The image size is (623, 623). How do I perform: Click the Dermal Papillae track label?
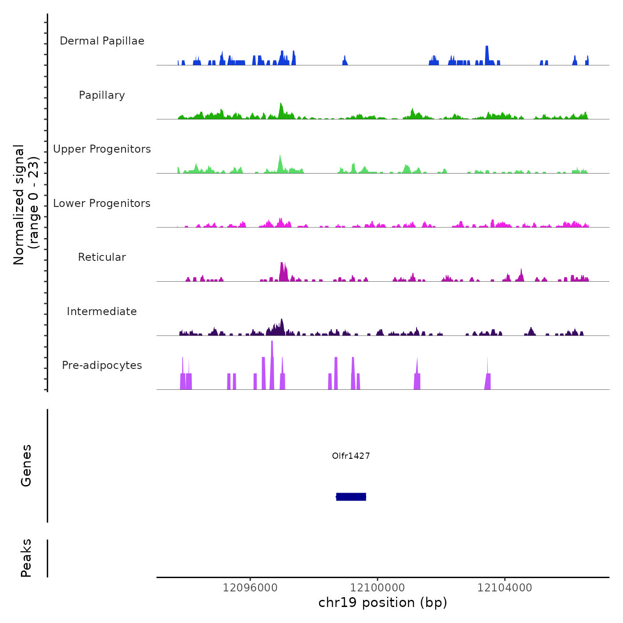102,41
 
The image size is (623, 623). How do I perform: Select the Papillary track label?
102,95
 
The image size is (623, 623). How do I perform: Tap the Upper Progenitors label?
102,149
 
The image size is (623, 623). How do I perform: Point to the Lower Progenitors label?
102,203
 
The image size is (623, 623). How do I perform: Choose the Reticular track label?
102,257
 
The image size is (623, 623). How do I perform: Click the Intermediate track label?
102,311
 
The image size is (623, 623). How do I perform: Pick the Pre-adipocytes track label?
102,365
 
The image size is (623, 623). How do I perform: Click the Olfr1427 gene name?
351,456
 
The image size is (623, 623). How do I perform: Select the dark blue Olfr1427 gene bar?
351,497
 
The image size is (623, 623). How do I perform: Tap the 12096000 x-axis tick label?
250,588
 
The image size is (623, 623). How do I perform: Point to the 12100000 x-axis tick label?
377,588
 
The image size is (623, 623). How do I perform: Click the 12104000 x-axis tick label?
505,588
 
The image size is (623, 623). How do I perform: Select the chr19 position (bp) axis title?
383,603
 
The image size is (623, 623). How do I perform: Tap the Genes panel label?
26,465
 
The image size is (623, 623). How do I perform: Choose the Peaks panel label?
26,558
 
